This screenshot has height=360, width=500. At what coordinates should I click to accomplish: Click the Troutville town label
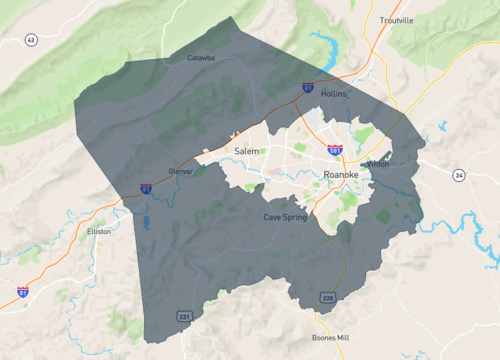[396, 21]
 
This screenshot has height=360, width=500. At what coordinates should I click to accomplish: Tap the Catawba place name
[202, 58]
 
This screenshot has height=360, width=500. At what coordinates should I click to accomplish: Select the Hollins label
[334, 92]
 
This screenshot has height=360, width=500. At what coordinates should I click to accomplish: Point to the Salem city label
[246, 151]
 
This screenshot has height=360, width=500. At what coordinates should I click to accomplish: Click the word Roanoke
[341, 174]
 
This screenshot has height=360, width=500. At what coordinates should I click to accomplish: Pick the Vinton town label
[378, 164]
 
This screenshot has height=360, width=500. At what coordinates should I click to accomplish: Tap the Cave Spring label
[285, 217]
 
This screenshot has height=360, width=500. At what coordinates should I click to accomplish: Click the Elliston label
[99, 231]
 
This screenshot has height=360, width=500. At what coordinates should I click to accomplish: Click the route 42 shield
[31, 40]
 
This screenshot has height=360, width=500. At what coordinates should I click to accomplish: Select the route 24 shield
[458, 175]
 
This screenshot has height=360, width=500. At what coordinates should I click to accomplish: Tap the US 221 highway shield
[184, 317]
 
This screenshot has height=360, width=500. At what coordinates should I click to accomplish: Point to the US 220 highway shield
[328, 296]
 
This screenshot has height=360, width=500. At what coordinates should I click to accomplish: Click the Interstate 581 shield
[335, 150]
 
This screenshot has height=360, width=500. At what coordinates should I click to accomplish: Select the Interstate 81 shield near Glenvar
[146, 187]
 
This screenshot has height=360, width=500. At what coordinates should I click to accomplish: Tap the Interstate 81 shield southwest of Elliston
[22, 292]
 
